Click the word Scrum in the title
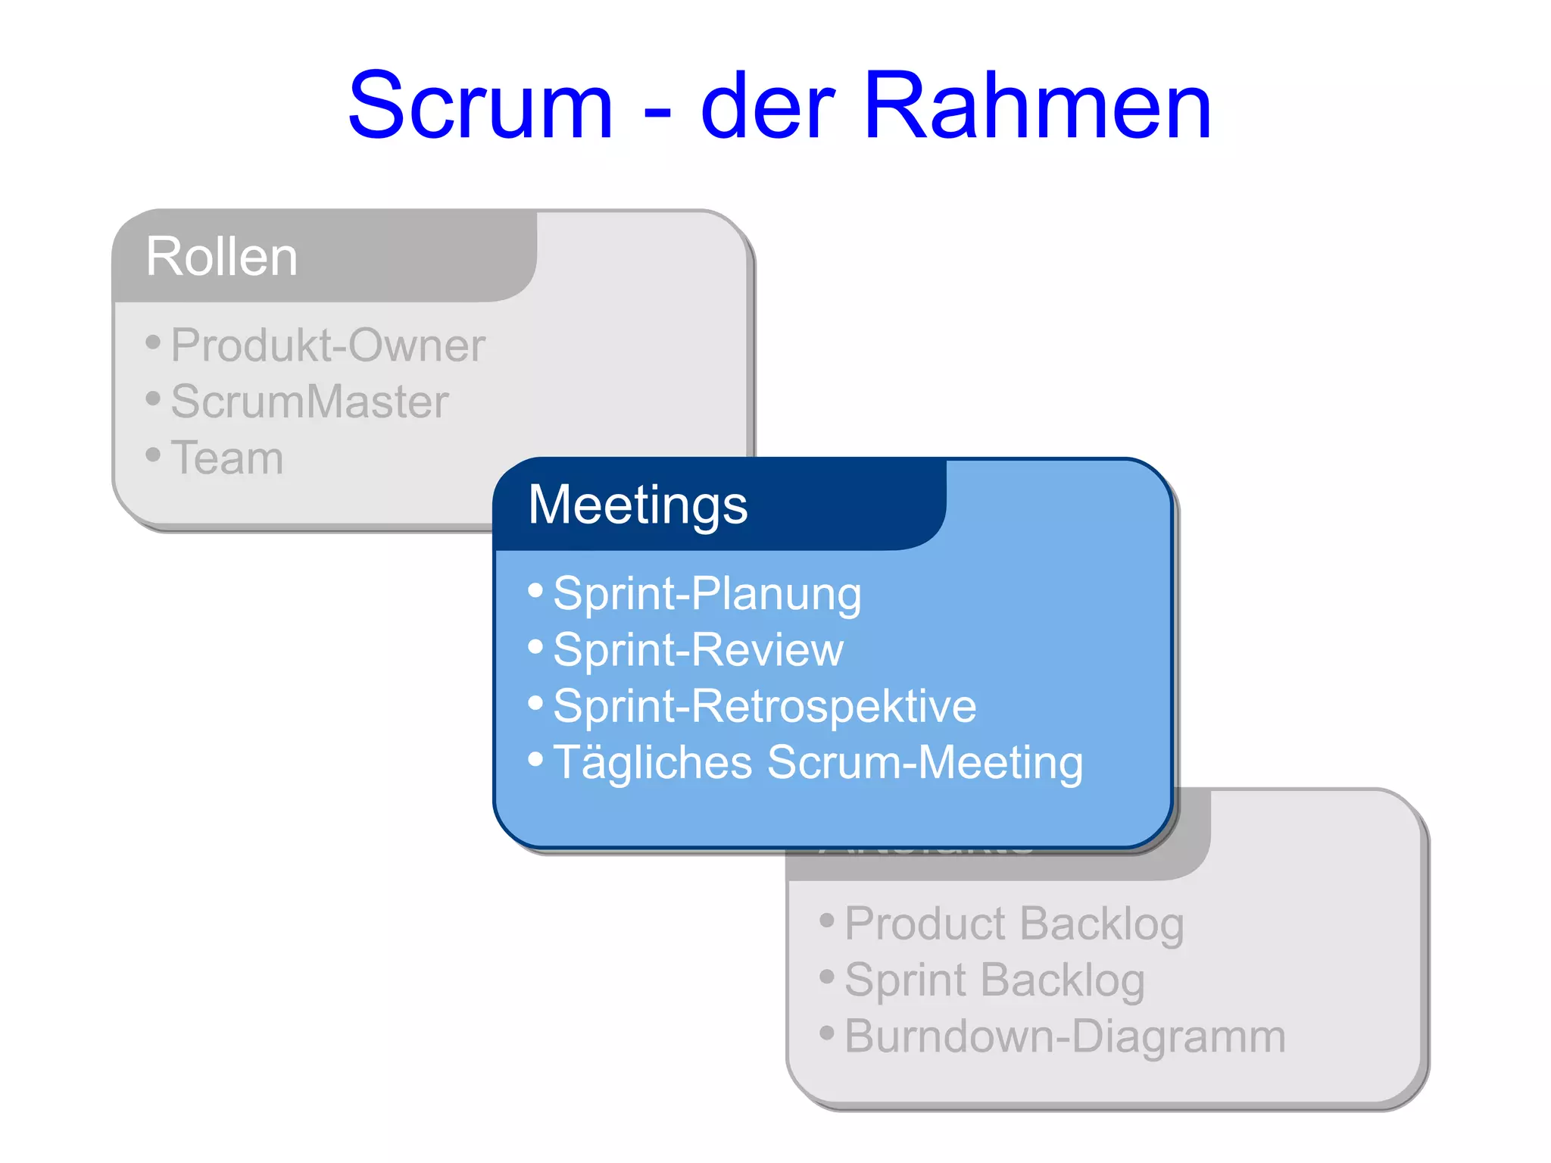[x=479, y=106]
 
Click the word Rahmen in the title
[x=1038, y=106]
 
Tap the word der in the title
[x=767, y=106]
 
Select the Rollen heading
[x=222, y=256]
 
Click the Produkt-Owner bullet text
[x=327, y=345]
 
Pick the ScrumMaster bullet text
[x=309, y=402]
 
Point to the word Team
[x=227, y=458]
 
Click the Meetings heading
[x=638, y=505]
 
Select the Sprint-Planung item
[x=707, y=593]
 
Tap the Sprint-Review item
[x=697, y=649]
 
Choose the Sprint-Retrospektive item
[x=764, y=705]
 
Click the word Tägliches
[x=652, y=761]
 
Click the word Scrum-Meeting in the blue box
[x=925, y=761]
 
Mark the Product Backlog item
[x=1013, y=924]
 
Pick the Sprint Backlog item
[x=994, y=980]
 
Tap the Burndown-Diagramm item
[x=1064, y=1036]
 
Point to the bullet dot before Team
[x=153, y=455]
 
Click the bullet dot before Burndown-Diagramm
[x=826, y=1032]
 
